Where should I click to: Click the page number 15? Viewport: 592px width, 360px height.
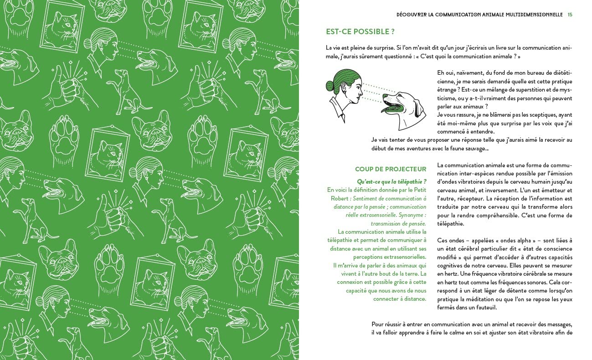[570, 15]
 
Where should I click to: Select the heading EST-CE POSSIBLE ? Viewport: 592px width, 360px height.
[360, 32]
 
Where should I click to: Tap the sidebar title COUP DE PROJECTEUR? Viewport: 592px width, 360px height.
[391, 169]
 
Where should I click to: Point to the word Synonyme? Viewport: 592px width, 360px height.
[411, 215]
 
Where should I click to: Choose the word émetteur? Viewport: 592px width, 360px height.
[544, 190]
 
